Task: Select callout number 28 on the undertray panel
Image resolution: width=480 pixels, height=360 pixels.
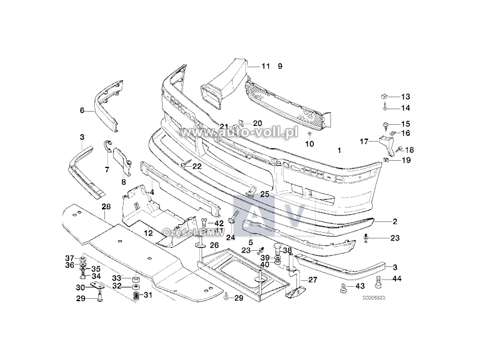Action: [x=106, y=207]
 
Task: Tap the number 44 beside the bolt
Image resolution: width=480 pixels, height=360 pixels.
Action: [x=397, y=278]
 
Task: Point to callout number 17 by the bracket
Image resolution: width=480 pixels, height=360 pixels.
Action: [x=364, y=142]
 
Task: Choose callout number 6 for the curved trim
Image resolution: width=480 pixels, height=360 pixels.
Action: [x=82, y=110]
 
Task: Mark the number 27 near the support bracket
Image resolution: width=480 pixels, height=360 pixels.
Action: [x=313, y=280]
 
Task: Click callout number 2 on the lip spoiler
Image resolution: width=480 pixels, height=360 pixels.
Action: [x=395, y=221]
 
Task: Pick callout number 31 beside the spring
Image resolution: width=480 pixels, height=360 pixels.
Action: [x=148, y=295]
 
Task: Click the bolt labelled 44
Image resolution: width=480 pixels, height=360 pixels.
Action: [x=379, y=281]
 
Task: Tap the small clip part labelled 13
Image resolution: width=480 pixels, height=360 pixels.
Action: [x=384, y=96]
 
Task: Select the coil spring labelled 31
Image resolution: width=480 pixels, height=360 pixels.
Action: [x=136, y=296]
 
